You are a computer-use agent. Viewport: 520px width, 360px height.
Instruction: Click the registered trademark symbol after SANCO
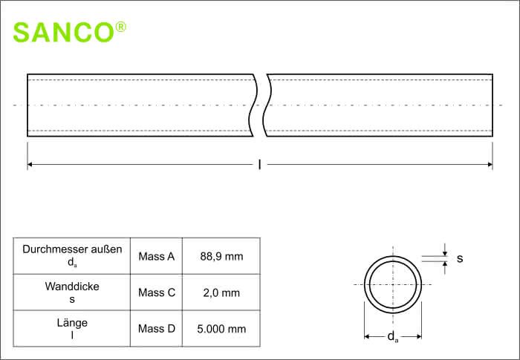point(120,27)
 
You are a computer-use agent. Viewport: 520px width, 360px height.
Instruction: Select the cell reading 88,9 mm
point(221,256)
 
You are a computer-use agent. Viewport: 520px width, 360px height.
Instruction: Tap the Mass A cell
point(156,256)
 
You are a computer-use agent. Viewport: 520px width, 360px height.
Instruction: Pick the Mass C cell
point(157,292)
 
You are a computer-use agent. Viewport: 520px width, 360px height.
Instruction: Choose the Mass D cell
point(157,329)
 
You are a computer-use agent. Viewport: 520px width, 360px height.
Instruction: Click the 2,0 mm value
point(221,292)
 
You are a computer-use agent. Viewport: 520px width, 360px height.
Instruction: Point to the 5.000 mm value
point(221,329)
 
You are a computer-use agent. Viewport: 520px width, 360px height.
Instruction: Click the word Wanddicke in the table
point(72,286)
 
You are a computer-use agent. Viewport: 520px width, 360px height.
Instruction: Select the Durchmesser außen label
point(72,249)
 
